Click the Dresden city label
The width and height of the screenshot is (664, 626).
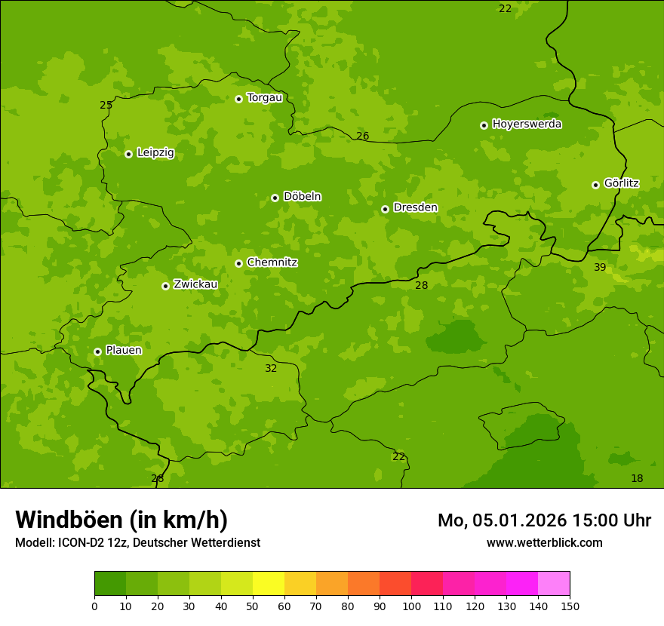point(415,207)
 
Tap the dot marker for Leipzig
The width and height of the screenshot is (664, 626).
point(128,154)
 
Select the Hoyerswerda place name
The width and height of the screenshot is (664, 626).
point(527,124)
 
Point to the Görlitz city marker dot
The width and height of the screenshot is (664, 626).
point(595,185)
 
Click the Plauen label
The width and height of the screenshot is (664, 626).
point(124,351)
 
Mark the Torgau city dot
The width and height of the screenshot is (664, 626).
point(238,99)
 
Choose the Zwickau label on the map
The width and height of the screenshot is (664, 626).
point(195,284)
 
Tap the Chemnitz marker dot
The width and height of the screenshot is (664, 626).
point(238,263)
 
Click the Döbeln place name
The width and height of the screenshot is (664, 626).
point(302,196)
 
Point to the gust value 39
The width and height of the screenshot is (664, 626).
point(600,268)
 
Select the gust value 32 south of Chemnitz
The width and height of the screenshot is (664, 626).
point(271,369)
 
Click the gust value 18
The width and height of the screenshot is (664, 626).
point(637,479)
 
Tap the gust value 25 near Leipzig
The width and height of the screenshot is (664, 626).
point(106,106)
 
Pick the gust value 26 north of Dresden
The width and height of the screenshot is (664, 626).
point(363,137)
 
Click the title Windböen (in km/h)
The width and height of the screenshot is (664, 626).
point(121,520)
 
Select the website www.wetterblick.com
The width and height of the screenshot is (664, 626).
point(544,543)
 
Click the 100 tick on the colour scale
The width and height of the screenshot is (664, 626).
point(411,606)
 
